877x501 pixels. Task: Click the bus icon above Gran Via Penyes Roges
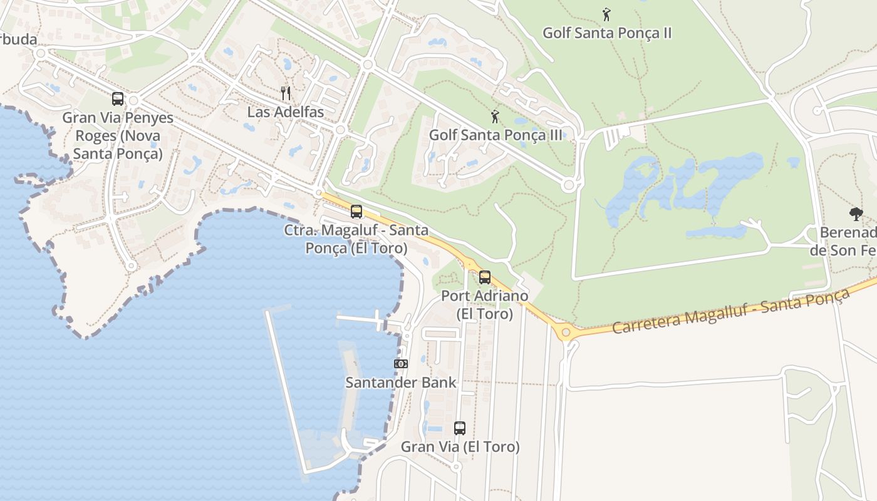click(117, 98)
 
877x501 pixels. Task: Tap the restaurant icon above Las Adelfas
click(286, 93)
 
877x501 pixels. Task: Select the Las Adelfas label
click(286, 113)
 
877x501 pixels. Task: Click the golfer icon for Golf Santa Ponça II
click(606, 14)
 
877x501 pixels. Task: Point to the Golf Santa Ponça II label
click(606, 33)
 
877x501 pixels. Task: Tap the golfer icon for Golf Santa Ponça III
click(495, 116)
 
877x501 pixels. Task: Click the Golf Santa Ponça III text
click(495, 135)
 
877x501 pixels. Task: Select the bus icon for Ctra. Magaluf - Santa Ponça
click(356, 211)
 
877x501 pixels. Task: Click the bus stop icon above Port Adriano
click(484, 277)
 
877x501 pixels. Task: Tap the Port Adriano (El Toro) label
click(484, 304)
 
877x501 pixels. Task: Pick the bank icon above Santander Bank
click(400, 364)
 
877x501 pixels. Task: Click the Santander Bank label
click(401, 382)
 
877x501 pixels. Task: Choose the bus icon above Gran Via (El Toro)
click(460, 428)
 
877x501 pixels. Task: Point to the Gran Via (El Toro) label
click(460, 447)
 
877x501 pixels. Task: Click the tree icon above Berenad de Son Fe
click(856, 214)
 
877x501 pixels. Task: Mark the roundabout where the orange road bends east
click(566, 332)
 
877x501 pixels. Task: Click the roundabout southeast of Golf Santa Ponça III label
click(569, 185)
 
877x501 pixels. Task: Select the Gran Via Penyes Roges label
click(118, 135)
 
